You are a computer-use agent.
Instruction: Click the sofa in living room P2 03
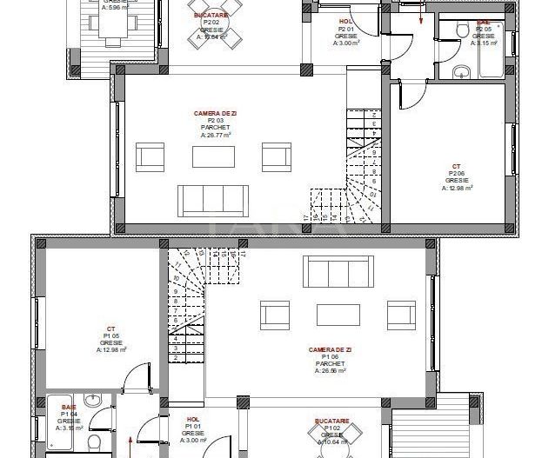click(x=214, y=199)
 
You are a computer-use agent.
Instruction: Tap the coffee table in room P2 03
click(x=213, y=156)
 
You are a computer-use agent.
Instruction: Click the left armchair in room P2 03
click(x=151, y=156)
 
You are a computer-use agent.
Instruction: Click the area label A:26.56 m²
click(x=328, y=370)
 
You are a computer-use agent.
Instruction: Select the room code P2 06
click(x=456, y=174)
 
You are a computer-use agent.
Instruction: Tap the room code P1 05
click(x=111, y=336)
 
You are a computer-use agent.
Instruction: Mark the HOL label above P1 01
click(x=193, y=420)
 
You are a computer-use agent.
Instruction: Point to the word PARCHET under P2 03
click(x=213, y=128)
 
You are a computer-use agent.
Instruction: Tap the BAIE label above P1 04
click(x=68, y=407)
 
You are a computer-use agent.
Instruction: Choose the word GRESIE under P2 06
click(x=456, y=181)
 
